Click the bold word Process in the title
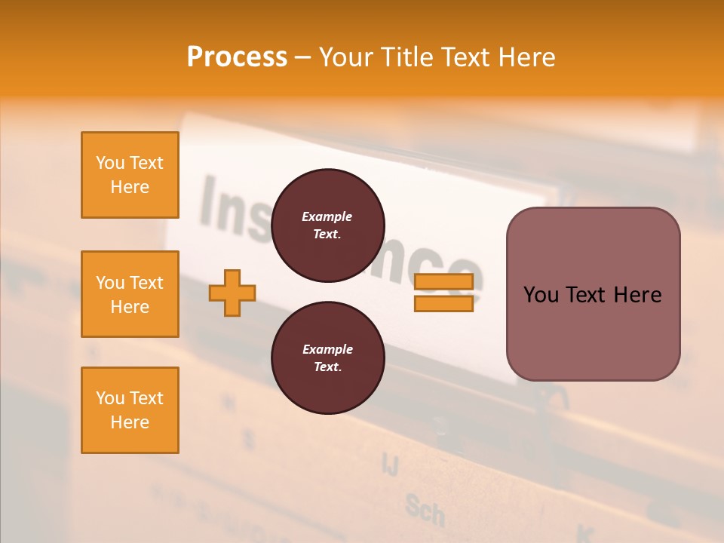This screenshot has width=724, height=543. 237,57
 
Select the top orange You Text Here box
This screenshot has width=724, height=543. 130,175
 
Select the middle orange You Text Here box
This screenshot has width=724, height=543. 130,294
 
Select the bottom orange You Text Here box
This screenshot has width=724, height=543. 130,410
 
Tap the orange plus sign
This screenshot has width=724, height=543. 232,293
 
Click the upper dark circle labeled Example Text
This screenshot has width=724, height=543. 327,225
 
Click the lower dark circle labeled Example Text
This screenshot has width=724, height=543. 327,357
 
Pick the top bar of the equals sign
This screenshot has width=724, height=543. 443,282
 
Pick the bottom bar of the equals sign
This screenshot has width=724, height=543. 443,303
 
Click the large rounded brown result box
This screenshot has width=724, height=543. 593,294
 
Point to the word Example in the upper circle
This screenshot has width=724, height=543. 327,216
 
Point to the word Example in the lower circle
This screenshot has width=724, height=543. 327,349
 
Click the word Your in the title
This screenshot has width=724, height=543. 342,57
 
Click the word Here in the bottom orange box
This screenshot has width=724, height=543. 130,422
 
